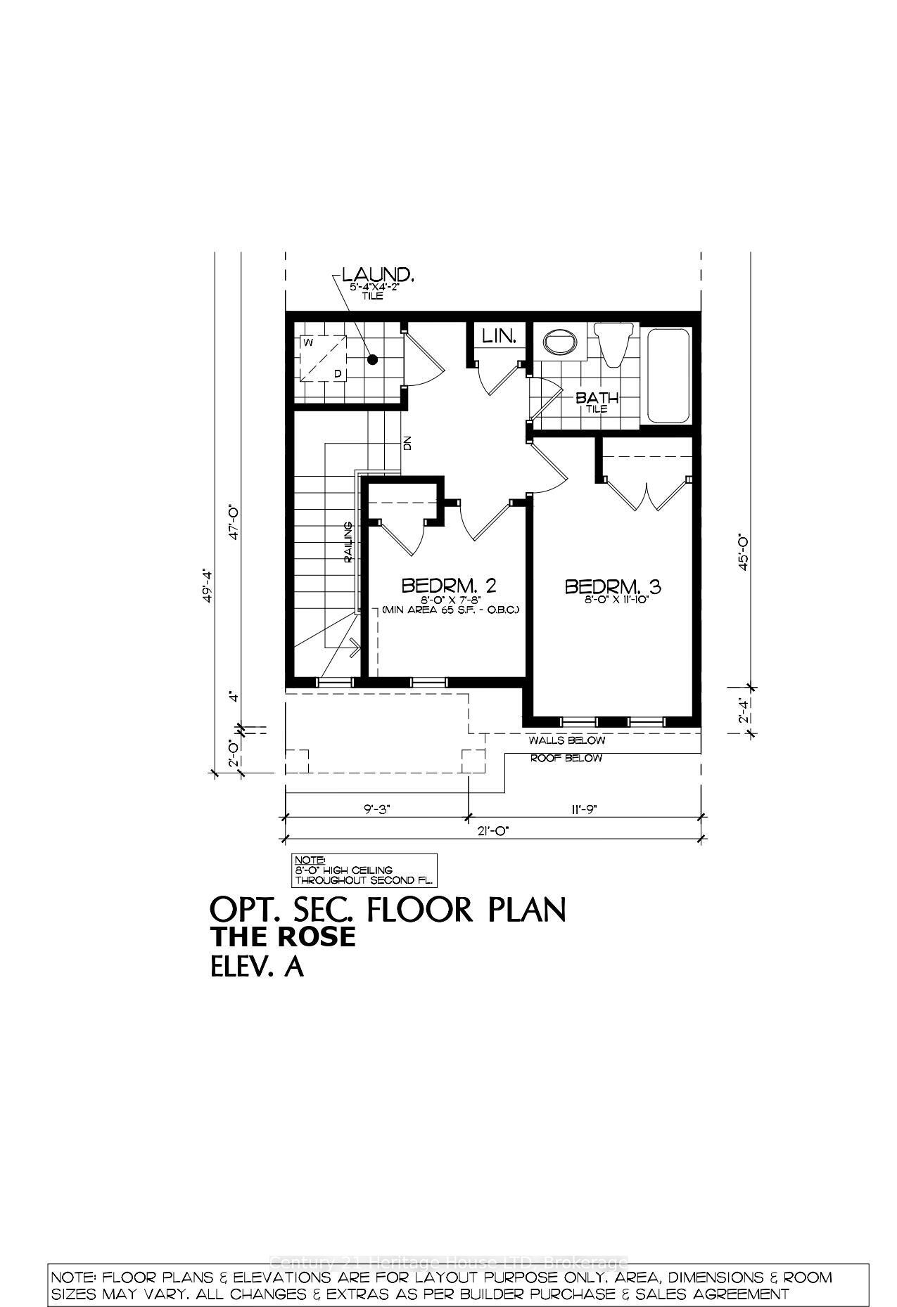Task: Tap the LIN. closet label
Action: coord(500,337)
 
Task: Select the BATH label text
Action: coord(597,399)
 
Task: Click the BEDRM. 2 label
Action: coord(450,586)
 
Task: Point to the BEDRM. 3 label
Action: coord(614,586)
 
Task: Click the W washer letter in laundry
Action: coord(308,342)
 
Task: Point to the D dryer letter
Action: coord(338,373)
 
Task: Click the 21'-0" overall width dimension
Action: coord(492,830)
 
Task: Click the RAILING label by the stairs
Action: coord(348,542)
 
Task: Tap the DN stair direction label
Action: coord(407,444)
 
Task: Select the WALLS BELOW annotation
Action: coord(566,740)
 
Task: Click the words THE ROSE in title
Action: coord(284,937)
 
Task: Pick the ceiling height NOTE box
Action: coord(364,870)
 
